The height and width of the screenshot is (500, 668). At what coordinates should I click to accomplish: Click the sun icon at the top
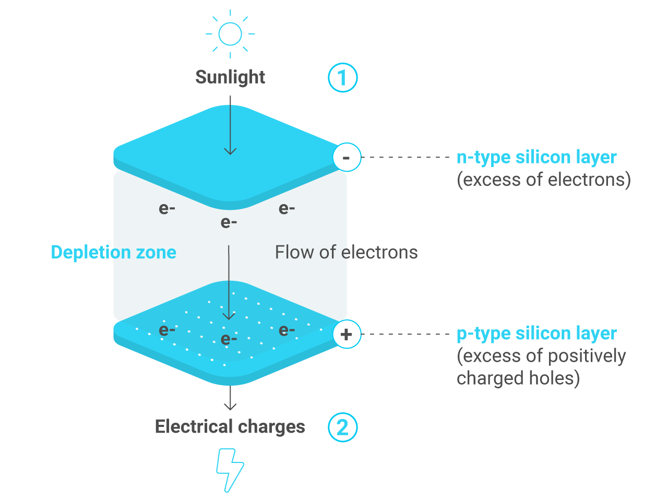click(x=230, y=34)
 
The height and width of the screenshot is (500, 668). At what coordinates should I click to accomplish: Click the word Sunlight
click(x=230, y=77)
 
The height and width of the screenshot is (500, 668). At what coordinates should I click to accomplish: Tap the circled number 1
click(x=342, y=78)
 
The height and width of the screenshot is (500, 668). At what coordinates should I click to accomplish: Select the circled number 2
click(x=342, y=427)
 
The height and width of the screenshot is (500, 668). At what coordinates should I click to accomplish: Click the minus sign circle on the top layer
click(x=347, y=157)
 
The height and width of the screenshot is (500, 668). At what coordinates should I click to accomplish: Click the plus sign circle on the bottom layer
click(x=347, y=334)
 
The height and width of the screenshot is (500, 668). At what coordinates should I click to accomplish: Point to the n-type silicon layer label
click(x=536, y=157)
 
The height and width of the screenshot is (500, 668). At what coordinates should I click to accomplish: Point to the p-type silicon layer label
click(x=536, y=334)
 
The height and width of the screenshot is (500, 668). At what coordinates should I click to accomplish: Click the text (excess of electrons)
click(x=544, y=180)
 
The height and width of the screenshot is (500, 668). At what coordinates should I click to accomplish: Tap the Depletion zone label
click(x=113, y=252)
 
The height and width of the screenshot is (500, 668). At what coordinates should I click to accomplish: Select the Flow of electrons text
click(x=346, y=252)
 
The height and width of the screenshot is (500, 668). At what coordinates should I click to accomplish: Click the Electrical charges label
click(x=230, y=426)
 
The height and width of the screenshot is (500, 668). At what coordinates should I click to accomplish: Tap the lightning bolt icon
click(x=230, y=470)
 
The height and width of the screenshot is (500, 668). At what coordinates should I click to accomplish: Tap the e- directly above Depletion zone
click(x=166, y=209)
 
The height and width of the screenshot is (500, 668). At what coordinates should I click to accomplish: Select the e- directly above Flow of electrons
click(x=287, y=209)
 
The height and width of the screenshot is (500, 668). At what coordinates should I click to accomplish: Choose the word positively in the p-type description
click(x=587, y=356)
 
